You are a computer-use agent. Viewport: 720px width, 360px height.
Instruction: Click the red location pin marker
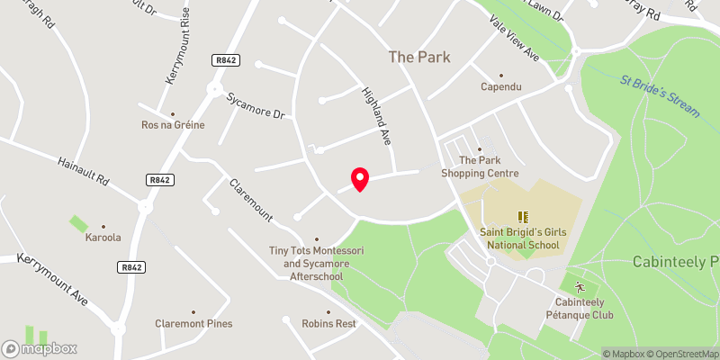(359, 179)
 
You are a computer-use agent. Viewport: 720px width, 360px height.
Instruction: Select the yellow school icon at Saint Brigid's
(522, 217)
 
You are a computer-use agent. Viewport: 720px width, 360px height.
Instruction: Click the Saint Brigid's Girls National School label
(522, 238)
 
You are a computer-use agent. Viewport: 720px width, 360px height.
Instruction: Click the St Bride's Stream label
(660, 94)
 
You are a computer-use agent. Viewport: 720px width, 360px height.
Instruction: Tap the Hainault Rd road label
(83, 167)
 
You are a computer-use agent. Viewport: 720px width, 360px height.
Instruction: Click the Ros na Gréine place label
(173, 125)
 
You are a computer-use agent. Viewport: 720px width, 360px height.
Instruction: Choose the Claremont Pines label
(193, 324)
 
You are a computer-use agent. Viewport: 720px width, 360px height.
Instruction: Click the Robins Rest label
(328, 324)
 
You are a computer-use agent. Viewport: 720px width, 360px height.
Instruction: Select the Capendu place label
(501, 87)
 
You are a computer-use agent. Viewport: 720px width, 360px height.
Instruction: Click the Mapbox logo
(40, 348)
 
